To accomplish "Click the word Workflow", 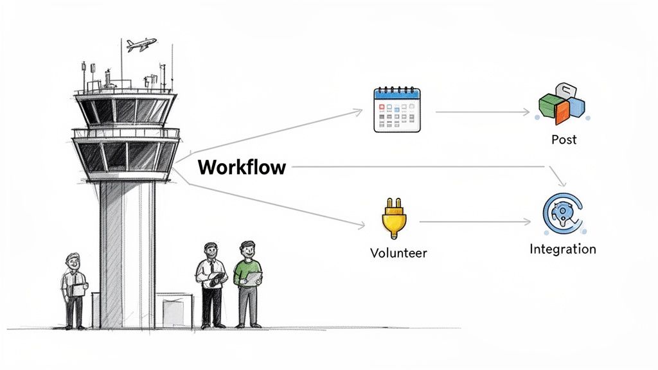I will [241, 168].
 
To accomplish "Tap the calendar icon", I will [396, 110].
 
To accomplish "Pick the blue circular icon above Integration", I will [562, 215].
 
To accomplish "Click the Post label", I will [564, 139].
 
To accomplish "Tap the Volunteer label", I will [398, 253].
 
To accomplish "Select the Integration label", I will [563, 249].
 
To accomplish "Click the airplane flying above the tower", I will [141, 45].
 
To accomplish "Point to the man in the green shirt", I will [247, 283].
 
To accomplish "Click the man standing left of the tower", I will [75, 289].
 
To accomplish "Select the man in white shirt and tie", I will [210, 283].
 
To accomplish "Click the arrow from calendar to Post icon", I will [482, 112].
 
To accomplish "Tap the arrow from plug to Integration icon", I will [476, 223].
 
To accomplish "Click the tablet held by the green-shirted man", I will [253, 277].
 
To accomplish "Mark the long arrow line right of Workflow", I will [418, 167].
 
